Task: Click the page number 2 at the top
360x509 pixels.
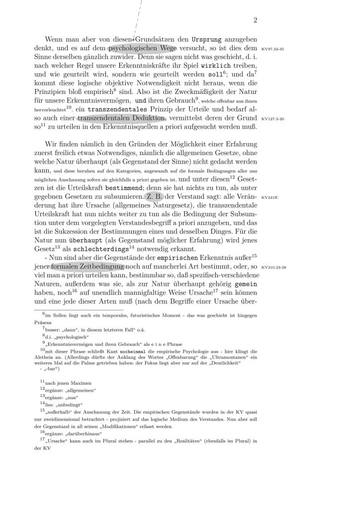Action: point(255,20)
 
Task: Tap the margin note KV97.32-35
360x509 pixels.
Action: point(271,50)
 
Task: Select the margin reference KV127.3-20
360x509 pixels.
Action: point(272,120)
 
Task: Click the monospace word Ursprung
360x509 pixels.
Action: point(218,39)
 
